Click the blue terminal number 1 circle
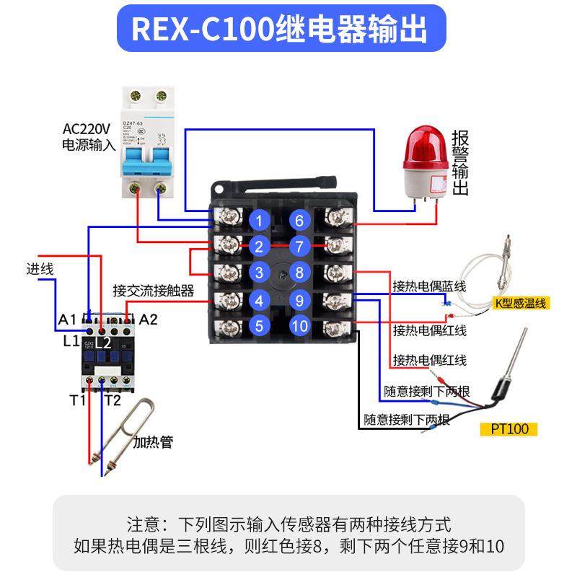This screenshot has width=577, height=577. click(x=259, y=219)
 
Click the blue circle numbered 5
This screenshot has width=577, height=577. click(x=259, y=325)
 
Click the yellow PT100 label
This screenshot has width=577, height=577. click(x=509, y=429)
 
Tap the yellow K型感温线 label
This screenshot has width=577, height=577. click(x=521, y=304)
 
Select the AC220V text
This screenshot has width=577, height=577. click(x=87, y=129)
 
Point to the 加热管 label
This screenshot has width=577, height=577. click(x=153, y=441)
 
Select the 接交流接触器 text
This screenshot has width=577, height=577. click(x=153, y=291)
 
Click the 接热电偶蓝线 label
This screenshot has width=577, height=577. click(x=429, y=286)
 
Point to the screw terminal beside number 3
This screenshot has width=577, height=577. click(x=229, y=273)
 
